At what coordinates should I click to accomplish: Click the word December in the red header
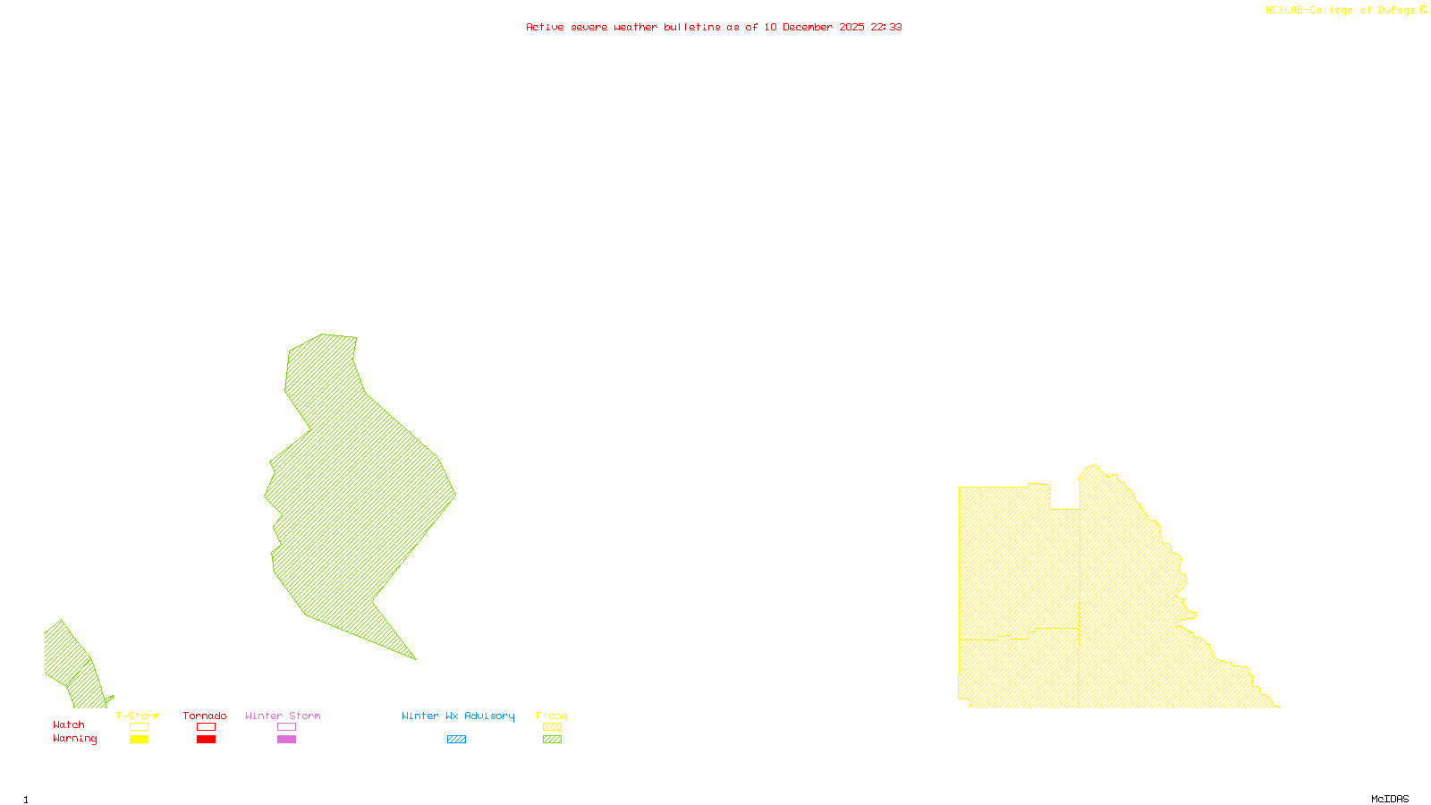(x=808, y=27)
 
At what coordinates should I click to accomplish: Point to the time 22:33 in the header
(x=886, y=27)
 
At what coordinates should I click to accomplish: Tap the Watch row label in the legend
(x=69, y=724)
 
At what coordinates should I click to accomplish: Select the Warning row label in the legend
(x=75, y=739)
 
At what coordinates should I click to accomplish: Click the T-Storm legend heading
(x=138, y=716)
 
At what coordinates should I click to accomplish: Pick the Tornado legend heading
(x=205, y=716)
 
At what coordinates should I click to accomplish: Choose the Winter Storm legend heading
(x=283, y=716)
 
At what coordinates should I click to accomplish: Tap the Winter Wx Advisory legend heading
(x=458, y=716)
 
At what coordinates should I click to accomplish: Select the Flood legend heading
(x=552, y=716)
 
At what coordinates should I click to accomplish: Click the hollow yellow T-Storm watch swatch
(x=139, y=727)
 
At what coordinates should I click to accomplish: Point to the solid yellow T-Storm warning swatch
(x=139, y=740)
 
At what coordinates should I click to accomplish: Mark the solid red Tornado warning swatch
(x=207, y=740)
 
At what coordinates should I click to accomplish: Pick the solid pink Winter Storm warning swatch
(x=286, y=740)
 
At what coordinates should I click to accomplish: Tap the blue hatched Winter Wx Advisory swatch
(x=456, y=740)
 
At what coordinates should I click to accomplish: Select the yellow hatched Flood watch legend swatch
(x=553, y=727)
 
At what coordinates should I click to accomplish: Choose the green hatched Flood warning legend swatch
(x=553, y=740)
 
